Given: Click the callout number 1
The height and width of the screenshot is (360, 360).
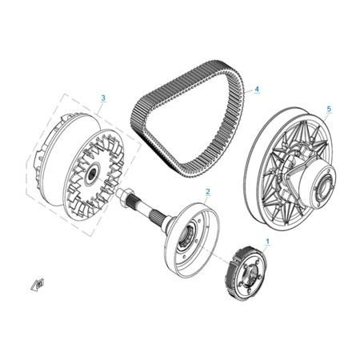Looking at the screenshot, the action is pyautogui.click(x=268, y=242).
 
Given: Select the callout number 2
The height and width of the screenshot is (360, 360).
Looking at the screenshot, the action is pyautogui.click(x=208, y=191).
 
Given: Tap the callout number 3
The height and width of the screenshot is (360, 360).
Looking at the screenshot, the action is pyautogui.click(x=103, y=98).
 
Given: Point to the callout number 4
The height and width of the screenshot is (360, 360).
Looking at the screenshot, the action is pyautogui.click(x=257, y=89).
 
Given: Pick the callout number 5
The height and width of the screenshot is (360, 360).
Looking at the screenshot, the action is pyautogui.click(x=329, y=109).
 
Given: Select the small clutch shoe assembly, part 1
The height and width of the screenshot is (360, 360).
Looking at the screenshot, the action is pyautogui.click(x=247, y=274).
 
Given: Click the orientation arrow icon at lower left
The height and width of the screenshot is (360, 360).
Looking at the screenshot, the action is pyautogui.click(x=38, y=284).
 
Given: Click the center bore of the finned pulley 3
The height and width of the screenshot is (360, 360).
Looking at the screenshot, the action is pyautogui.click(x=93, y=174).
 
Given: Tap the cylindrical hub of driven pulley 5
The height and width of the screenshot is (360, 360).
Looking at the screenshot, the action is pyautogui.click(x=314, y=184).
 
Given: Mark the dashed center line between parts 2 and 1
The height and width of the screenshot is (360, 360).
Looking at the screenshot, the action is pyautogui.click(x=214, y=254).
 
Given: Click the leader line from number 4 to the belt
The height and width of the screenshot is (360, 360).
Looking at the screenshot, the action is pyautogui.click(x=249, y=90).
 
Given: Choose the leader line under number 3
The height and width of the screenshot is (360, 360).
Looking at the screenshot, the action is pyautogui.click(x=99, y=109).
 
